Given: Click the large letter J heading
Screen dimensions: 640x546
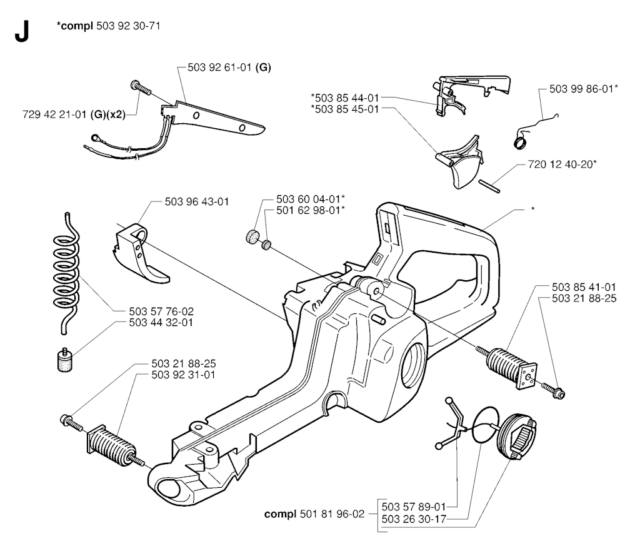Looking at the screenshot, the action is click(x=22, y=31).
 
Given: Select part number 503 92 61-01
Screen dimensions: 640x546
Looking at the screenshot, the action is click(x=219, y=68).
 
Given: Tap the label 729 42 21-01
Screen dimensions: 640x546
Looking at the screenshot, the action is click(x=55, y=114).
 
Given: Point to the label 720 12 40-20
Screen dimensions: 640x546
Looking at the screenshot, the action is click(x=561, y=164).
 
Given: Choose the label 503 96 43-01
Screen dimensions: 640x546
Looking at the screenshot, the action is click(x=197, y=202).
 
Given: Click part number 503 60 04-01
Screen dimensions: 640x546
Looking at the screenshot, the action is click(x=309, y=199).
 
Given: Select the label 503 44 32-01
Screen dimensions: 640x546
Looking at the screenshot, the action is click(x=161, y=323).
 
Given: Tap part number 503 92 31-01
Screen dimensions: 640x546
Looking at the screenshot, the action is click(x=183, y=375).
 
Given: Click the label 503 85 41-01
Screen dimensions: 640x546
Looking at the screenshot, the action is click(x=584, y=287).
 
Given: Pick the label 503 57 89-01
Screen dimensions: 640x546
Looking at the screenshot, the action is click(x=414, y=507).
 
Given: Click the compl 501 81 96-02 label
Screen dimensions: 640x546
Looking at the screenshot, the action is click(x=314, y=513).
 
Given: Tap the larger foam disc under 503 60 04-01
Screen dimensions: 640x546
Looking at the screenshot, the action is click(x=254, y=237).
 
